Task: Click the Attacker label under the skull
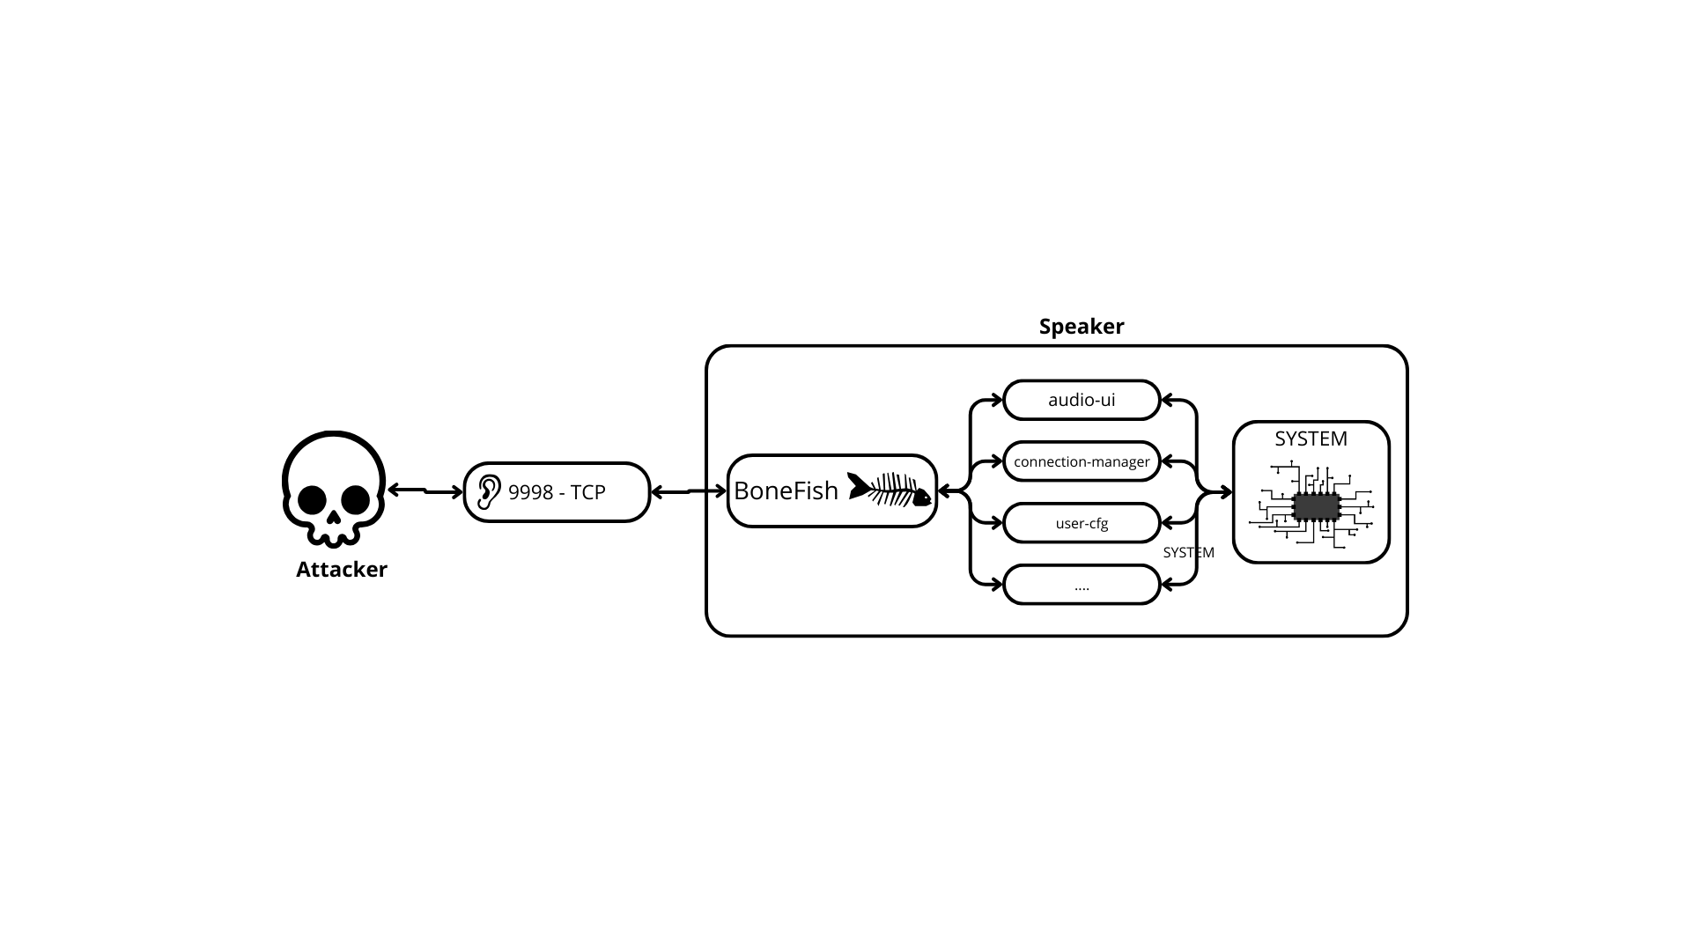click(342, 570)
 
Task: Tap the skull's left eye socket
click(313, 499)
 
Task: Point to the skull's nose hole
click(334, 513)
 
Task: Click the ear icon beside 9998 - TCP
click(488, 492)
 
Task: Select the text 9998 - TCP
click(557, 492)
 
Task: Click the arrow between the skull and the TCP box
click(425, 490)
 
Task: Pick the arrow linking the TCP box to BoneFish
click(688, 491)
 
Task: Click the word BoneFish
click(786, 491)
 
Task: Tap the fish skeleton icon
click(889, 490)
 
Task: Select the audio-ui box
click(1082, 400)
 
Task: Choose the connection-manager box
click(1082, 461)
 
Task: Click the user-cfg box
click(1082, 523)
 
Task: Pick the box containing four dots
click(1082, 586)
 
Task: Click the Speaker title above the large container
click(1082, 327)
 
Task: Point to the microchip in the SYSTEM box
click(1316, 507)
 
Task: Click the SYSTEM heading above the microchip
click(1311, 439)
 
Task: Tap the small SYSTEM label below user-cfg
click(1188, 553)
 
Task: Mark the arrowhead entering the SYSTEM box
click(1226, 493)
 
